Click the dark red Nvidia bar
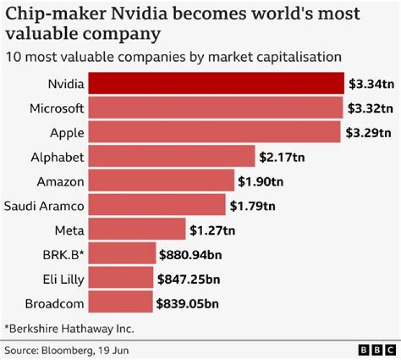(216, 84)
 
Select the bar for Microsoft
(216, 108)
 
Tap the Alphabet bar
(172, 157)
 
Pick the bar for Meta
(137, 229)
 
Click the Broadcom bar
(120, 303)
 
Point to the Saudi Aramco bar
(157, 205)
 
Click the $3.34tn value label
(371, 84)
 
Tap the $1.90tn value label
(261, 181)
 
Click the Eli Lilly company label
(63, 279)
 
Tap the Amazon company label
(60, 182)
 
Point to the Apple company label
(66, 133)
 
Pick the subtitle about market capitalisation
(173, 56)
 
